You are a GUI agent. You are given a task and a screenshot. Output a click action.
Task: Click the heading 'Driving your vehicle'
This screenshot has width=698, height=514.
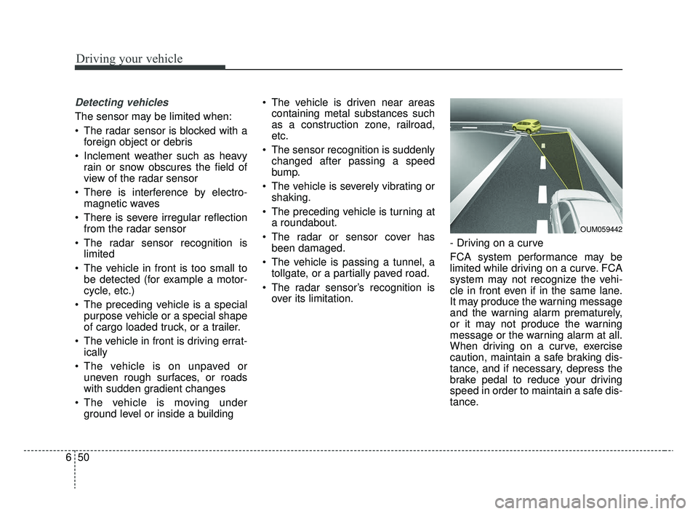tap(128, 59)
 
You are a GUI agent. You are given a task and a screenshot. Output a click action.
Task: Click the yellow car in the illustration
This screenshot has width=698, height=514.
tap(526, 124)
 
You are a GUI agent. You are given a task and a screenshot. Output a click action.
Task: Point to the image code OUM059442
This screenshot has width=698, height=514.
tap(601, 230)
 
